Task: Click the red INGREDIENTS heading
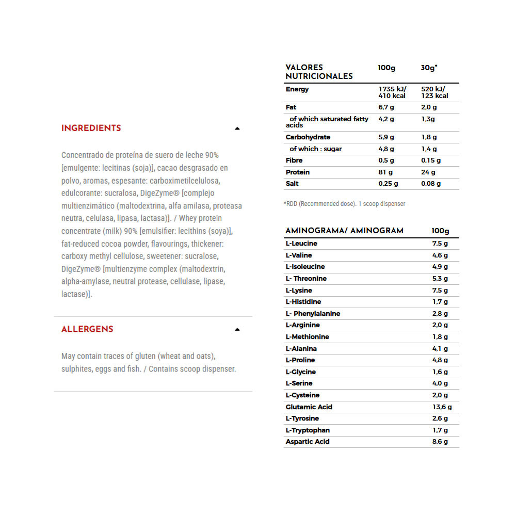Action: pos(91,128)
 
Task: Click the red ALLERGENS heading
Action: pos(87,329)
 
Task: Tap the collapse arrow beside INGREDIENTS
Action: pos(237,128)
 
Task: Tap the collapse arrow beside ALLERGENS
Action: pos(237,329)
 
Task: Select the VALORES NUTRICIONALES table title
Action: pos(319,72)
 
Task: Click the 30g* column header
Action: pos(429,68)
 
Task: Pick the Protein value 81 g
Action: pos(385,172)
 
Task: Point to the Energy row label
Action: pos(297,89)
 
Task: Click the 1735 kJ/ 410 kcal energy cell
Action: pos(392,92)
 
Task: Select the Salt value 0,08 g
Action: pos(431,184)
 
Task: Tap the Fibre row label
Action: pos(295,160)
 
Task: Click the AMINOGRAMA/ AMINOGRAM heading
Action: pos(344,231)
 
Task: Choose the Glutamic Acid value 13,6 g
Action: pos(442,407)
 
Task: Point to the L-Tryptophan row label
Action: pos(308,430)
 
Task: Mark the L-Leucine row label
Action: pos(301,244)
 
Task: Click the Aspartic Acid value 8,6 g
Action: pos(440,442)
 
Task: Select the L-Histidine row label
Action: pos(303,302)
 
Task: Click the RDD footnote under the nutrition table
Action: pos(344,204)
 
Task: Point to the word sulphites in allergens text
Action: pos(77,369)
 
